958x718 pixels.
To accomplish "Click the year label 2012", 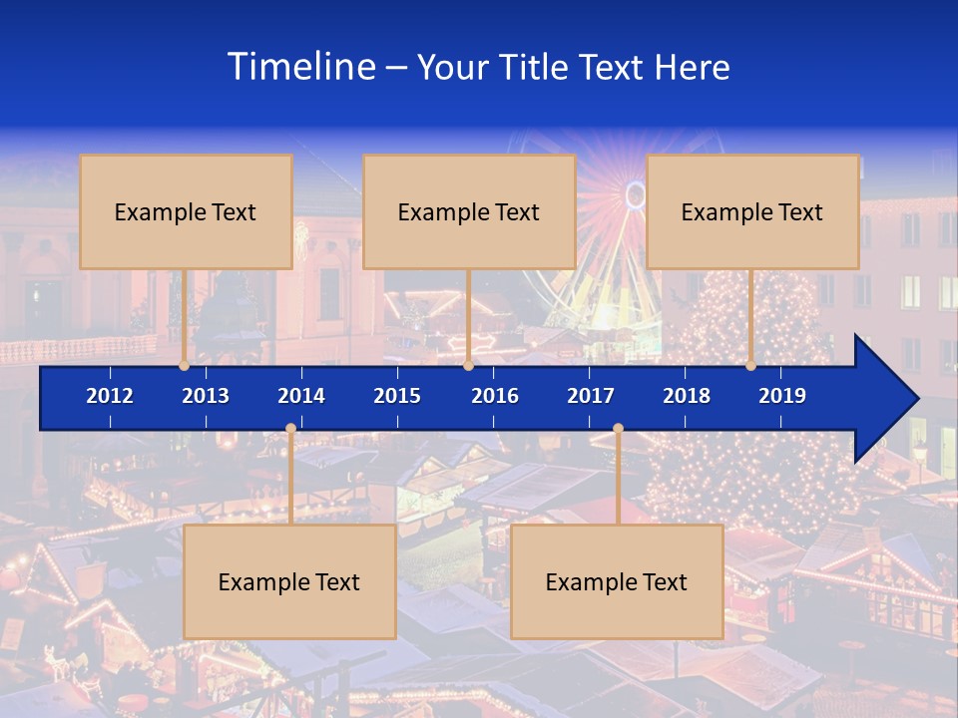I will click(x=110, y=396).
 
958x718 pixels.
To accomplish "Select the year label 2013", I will click(x=206, y=396).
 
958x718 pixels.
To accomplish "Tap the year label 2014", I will click(x=301, y=396).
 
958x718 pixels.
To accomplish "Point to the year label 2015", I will click(x=397, y=396).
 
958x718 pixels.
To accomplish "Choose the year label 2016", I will click(x=495, y=396).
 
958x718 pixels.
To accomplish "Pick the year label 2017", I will click(x=591, y=396).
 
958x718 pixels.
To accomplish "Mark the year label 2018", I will click(x=687, y=396).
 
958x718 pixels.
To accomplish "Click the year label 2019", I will click(x=782, y=396).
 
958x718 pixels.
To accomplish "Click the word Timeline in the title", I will click(x=300, y=67).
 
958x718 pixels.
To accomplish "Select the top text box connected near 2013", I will click(x=186, y=211).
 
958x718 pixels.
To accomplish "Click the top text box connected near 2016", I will click(x=469, y=211).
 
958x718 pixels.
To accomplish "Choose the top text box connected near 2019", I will click(x=752, y=211).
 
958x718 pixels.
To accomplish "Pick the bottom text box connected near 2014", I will click(x=289, y=581).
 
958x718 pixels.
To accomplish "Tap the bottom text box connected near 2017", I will click(x=617, y=581).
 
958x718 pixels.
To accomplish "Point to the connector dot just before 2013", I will click(x=184, y=366).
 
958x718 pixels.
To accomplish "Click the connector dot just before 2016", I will click(x=468, y=366).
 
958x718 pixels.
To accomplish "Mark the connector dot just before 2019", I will click(x=750, y=366).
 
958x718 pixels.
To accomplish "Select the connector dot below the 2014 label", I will click(x=290, y=429).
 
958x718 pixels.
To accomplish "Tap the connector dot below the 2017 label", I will click(x=618, y=429).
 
